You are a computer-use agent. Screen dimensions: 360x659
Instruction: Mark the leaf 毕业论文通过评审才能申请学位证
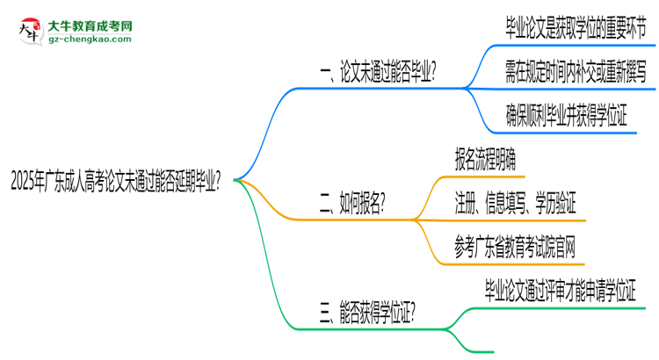pos(560,289)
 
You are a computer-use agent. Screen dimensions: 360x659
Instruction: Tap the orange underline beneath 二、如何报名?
pos(351,220)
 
